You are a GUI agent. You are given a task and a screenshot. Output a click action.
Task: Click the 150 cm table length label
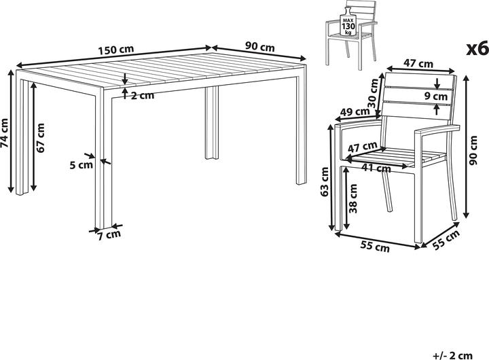pos(115,50)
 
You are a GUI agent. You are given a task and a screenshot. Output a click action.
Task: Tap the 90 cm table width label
pos(259,47)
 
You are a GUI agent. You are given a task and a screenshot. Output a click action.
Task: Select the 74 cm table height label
pos(5,133)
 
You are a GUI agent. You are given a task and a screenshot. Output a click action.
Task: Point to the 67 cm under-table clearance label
pos(40,138)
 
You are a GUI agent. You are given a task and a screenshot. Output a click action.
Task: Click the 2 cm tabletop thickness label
pos(142,96)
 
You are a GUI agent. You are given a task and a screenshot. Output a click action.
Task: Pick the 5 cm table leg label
pos(81,164)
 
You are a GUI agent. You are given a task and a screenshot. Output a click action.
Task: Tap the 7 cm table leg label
pos(109,235)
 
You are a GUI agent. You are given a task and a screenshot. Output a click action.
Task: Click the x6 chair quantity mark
pos(477,50)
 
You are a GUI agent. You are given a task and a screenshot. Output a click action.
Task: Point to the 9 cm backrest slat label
pos(436,96)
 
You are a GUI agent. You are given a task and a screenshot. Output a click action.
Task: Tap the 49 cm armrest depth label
pos(355,112)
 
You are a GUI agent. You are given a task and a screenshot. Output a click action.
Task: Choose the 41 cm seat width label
pos(376,168)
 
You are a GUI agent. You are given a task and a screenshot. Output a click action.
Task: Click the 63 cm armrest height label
pos(325,181)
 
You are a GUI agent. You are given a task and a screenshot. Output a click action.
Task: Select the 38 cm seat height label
pos(353,198)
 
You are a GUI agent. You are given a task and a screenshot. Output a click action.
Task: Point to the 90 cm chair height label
pos(473,150)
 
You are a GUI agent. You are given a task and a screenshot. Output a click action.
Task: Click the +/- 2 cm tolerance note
pos(453,355)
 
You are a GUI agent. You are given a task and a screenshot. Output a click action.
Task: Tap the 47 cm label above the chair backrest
pos(418,63)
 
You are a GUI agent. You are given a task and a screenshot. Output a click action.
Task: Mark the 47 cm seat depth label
pos(363,147)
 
